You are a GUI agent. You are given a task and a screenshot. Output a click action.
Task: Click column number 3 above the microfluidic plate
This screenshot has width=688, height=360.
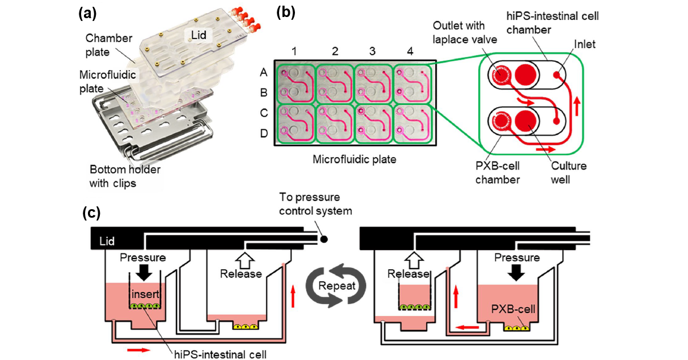coord(373,52)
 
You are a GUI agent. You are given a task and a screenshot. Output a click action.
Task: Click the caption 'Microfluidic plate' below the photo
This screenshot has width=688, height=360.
coord(354,160)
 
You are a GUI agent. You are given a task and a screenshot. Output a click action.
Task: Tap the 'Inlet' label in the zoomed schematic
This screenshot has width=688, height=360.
coord(584,44)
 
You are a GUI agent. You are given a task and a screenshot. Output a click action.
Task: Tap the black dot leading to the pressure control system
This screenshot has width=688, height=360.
coord(323,239)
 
